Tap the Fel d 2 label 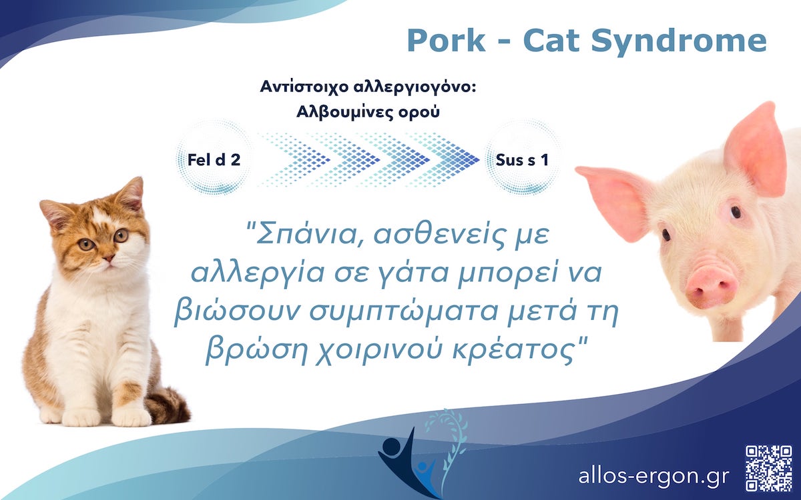point(214,160)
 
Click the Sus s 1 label point(523,160)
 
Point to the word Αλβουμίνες point(348,111)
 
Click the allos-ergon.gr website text point(654,476)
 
